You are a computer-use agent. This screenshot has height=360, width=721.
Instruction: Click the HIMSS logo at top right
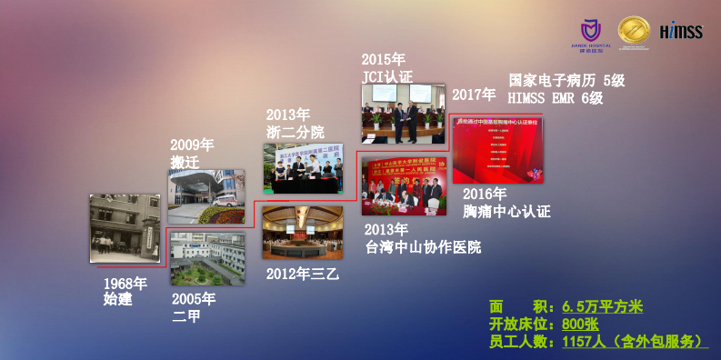point(681,31)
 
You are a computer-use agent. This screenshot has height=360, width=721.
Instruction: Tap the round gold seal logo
point(633,33)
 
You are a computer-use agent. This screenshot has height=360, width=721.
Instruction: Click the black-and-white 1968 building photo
point(125,228)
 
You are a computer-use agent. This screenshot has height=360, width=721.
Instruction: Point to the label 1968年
point(125,283)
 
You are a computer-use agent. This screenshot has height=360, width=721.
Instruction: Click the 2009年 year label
point(192,145)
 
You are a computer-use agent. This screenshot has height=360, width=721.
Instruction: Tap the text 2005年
point(194,299)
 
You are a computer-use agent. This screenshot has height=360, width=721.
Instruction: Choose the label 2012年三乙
point(302,273)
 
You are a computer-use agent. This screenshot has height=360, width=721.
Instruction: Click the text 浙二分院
point(295,132)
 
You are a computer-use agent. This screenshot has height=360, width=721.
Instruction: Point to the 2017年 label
point(474,95)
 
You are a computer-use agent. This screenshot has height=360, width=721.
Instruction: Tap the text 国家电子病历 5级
point(566,80)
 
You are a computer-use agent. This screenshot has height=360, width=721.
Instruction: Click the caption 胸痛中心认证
point(506,212)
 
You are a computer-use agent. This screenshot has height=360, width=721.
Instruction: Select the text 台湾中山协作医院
point(423,247)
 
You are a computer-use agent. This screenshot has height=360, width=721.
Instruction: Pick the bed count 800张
point(580,325)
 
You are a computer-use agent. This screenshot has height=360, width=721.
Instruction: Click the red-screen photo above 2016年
point(498,150)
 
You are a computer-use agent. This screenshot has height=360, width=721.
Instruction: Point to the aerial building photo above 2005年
point(206,258)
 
